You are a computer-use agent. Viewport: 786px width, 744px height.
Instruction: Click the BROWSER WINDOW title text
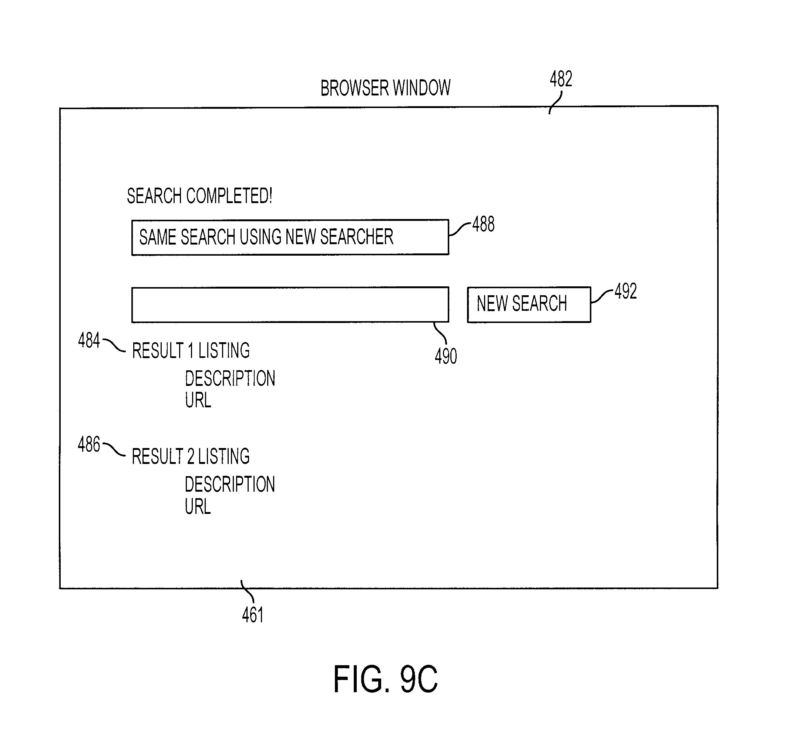(x=385, y=88)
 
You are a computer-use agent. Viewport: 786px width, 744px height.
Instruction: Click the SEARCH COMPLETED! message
(x=199, y=196)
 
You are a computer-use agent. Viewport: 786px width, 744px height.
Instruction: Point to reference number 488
(x=483, y=224)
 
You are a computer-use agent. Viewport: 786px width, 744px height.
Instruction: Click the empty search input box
(x=290, y=304)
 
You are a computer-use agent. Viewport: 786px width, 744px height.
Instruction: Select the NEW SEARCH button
(x=529, y=304)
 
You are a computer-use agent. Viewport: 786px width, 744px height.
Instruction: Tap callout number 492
(x=625, y=291)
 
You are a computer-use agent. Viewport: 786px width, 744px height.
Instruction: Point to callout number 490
(x=446, y=356)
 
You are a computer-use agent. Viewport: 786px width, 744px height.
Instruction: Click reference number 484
(x=89, y=340)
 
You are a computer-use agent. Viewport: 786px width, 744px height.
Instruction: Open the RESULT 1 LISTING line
(x=191, y=351)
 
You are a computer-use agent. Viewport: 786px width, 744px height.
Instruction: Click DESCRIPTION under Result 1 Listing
(x=230, y=378)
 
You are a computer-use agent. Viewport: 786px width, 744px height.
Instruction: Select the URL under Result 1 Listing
(x=198, y=400)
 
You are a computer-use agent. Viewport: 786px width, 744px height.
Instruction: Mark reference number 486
(x=89, y=444)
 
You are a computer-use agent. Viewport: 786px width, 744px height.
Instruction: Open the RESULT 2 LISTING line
(x=191, y=457)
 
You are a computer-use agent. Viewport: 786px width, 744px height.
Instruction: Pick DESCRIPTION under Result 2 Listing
(x=230, y=484)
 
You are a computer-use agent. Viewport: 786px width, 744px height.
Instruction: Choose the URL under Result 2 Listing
(x=198, y=506)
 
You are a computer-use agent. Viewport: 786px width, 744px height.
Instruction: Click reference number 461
(x=253, y=615)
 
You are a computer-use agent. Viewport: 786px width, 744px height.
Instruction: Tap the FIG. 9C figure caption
(x=385, y=679)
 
